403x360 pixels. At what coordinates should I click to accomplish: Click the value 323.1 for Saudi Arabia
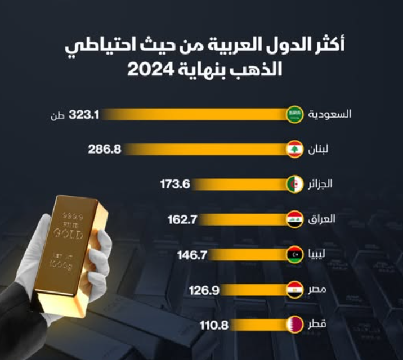84,114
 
